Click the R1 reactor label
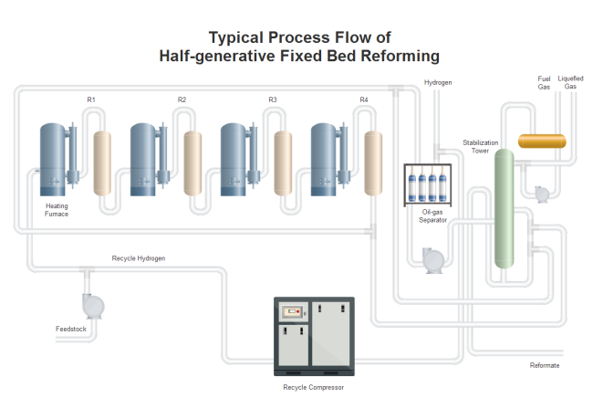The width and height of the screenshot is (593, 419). coord(91,99)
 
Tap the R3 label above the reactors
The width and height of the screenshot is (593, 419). coord(273,99)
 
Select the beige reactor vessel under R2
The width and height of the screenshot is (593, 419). coord(192,163)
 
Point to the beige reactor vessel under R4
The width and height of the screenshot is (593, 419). coord(373,163)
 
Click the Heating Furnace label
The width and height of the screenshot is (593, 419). coord(57,210)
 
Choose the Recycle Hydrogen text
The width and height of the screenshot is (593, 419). coord(139,258)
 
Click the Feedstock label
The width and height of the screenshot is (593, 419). coord(70,328)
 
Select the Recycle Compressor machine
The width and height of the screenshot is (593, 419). coord(315,336)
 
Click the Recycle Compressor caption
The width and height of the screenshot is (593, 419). coord(313,387)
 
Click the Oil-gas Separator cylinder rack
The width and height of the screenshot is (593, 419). coord(426,183)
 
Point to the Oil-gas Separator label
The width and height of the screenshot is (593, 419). coord(433,215)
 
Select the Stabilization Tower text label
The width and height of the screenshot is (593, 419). coord(481,146)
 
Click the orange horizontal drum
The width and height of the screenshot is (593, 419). coord(542,141)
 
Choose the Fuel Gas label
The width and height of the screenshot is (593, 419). coord(544,82)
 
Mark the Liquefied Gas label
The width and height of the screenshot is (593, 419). coord(570,82)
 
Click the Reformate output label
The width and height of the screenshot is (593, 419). coord(545,365)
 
